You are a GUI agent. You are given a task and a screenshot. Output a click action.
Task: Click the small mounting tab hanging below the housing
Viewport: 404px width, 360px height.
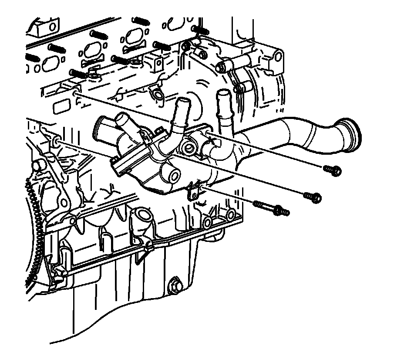click(193, 192)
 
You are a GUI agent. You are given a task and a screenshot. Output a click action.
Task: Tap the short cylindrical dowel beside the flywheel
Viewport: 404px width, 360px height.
click(38, 165)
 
